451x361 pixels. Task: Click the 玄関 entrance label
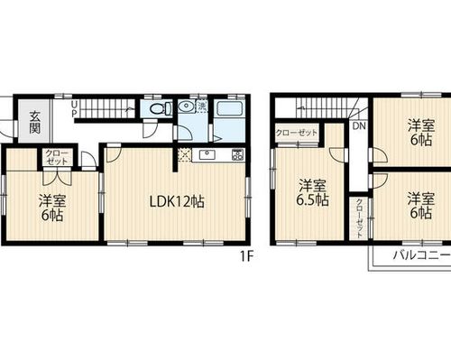pyautogui.click(x=35, y=123)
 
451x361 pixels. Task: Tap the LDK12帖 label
pyautogui.click(x=177, y=202)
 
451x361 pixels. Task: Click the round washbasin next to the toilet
pyautogui.click(x=186, y=106)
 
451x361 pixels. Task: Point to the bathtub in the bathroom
pyautogui.click(x=230, y=108)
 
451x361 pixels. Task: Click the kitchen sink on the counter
pyautogui.click(x=207, y=155)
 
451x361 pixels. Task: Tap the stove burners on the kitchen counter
pyautogui.click(x=237, y=154)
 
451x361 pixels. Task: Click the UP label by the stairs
pyautogui.click(x=74, y=109)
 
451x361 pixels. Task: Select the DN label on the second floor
pyautogui.click(x=359, y=125)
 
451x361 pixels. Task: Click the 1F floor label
pyautogui.click(x=246, y=256)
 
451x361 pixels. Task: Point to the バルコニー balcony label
pyautogui.click(x=420, y=255)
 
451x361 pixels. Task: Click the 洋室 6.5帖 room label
pyautogui.click(x=312, y=193)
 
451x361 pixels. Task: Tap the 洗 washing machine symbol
pyautogui.click(x=202, y=106)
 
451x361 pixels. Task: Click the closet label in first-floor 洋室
pyautogui.click(x=57, y=157)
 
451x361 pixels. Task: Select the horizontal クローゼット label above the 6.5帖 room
pyautogui.click(x=297, y=133)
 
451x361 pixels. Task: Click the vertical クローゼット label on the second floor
pyautogui.click(x=359, y=218)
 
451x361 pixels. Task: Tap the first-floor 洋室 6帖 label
pyautogui.click(x=52, y=208)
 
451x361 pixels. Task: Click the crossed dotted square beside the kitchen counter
pyautogui.click(x=184, y=155)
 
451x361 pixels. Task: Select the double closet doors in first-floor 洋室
pyautogui.click(x=57, y=178)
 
